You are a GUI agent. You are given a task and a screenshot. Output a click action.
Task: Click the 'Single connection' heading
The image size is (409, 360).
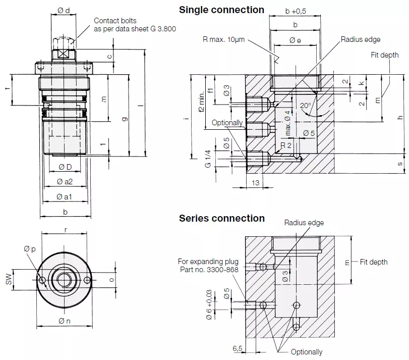[221, 10]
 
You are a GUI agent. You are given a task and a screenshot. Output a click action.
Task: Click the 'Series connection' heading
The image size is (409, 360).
[221, 219]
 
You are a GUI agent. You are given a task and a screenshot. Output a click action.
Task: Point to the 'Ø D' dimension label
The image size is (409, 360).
[65, 167]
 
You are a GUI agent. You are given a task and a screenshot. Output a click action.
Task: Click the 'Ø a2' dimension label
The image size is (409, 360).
[65, 182]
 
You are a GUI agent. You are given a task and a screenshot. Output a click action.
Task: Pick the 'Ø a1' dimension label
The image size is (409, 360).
[65, 196]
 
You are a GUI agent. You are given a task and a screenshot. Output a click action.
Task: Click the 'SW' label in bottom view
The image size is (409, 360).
[9, 279]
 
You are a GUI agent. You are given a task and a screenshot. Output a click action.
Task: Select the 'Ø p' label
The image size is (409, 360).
[29, 249]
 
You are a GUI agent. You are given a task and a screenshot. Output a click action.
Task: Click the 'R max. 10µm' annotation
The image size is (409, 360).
[223, 39]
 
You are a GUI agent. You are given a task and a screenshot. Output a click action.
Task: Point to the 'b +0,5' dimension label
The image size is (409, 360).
[296, 11]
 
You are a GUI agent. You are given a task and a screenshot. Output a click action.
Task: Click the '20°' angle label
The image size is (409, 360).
[306, 106]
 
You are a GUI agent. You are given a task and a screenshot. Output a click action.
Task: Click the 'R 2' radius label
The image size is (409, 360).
[286, 145]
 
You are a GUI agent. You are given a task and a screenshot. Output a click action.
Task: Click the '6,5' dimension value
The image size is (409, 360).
[238, 348]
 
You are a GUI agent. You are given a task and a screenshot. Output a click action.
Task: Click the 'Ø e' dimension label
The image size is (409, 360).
[295, 40]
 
